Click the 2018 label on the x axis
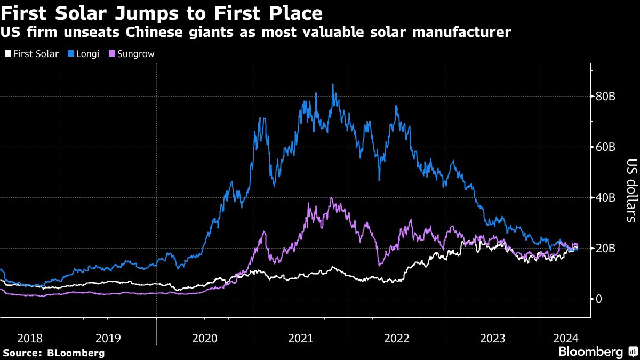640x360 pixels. coord(29,338)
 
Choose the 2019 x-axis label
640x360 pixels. coord(108,338)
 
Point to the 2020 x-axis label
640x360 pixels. coord(204,338)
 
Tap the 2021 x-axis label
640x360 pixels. coord(301,338)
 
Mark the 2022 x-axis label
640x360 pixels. coord(397,338)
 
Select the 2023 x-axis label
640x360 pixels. coord(493,338)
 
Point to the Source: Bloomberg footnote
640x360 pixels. coord(53,353)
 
